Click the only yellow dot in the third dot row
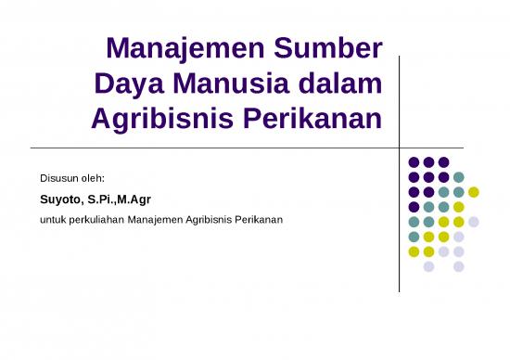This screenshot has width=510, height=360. point(474,192)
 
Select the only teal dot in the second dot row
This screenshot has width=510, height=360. point(459,177)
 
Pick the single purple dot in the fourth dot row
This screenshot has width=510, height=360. point(414,207)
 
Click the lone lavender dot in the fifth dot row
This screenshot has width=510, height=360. point(474,222)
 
